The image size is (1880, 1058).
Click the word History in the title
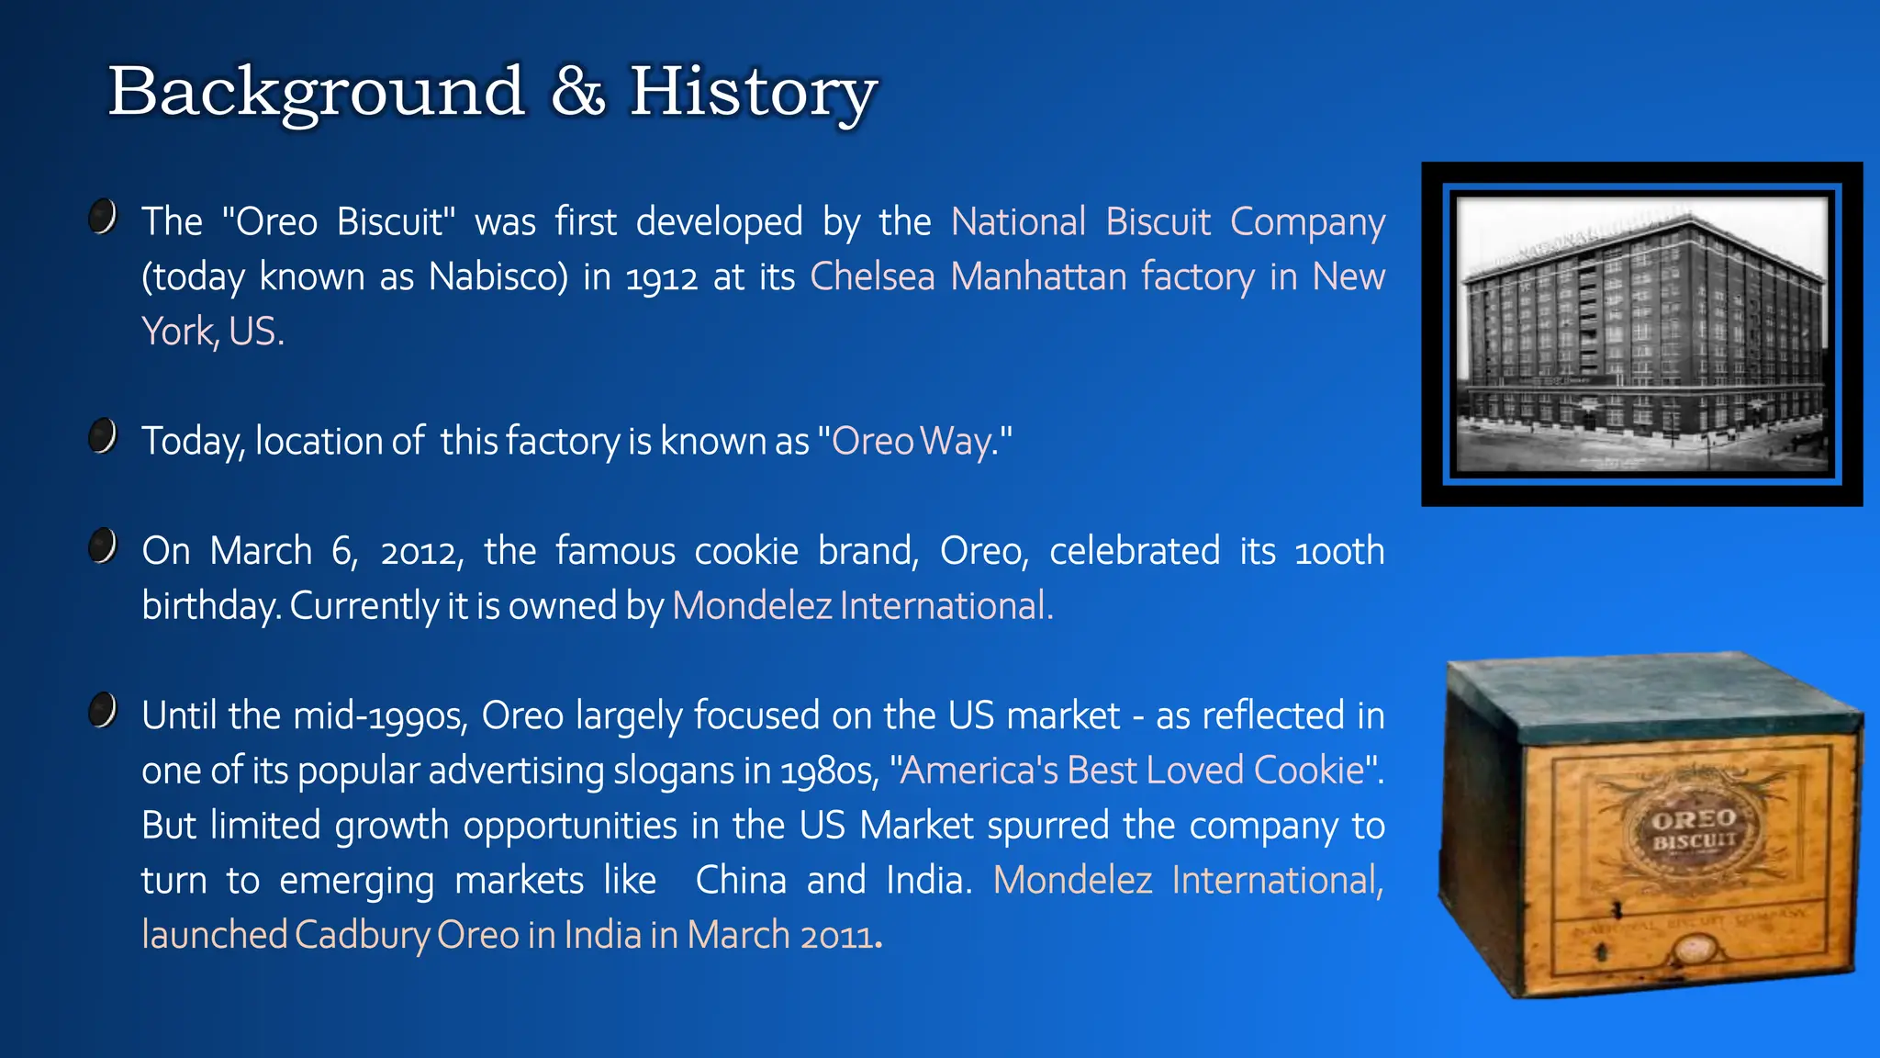pos(753,92)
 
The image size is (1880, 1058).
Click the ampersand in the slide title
pos(578,92)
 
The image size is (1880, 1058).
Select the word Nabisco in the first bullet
pos(498,276)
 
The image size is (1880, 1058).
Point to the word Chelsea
pos(872,276)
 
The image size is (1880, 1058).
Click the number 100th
pos(1339,551)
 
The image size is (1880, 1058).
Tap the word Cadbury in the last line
pos(361,936)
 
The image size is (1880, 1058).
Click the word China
pos(741,881)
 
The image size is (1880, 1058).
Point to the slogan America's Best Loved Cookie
pos(1133,771)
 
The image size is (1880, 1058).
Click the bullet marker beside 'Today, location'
pos(103,436)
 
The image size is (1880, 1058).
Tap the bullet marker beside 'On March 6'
pos(103,546)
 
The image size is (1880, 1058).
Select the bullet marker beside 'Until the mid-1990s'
pos(103,711)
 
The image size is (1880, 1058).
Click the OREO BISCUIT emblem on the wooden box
pos(1694,829)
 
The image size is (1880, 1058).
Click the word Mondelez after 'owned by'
pos(752,606)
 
